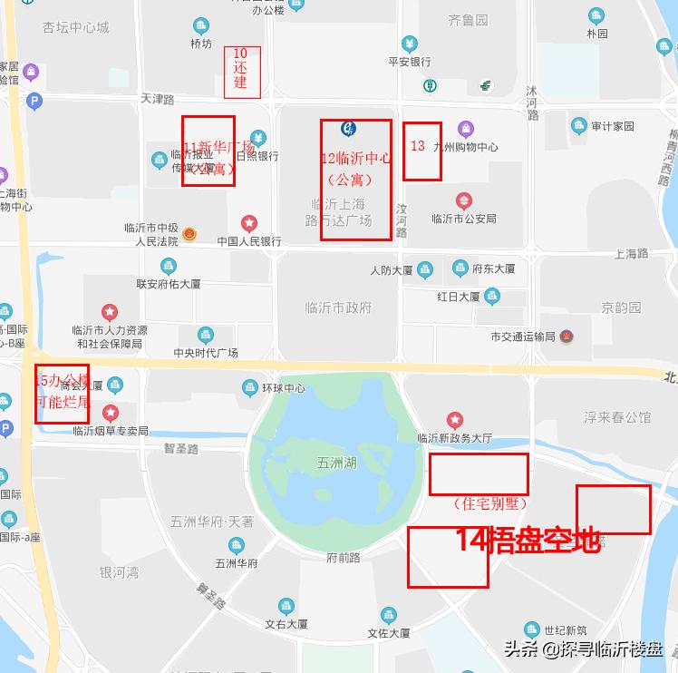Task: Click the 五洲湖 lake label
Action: tap(337, 463)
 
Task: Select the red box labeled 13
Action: tap(422, 151)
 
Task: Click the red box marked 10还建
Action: tap(242, 72)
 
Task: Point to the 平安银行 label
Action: tap(409, 63)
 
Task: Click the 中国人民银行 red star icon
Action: tap(248, 223)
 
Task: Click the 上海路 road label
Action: tap(631, 254)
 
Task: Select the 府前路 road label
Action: tap(344, 557)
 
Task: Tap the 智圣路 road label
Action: tap(181, 448)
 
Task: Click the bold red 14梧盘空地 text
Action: tap(528, 541)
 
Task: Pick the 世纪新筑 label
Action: tap(566, 630)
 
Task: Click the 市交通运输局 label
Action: tap(522, 336)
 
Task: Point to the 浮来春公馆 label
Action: tap(617, 418)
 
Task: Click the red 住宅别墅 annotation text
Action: tap(489, 503)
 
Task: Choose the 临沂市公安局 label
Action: tap(463, 219)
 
